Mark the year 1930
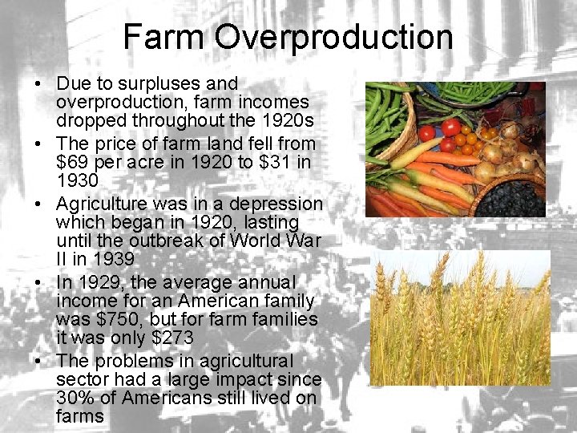click(78, 181)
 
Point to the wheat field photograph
click(459, 318)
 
